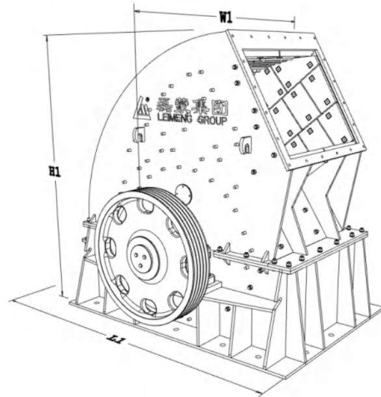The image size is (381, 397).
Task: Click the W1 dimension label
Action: point(226,18)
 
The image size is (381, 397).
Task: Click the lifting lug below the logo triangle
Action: point(138,135)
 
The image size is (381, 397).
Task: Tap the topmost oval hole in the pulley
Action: point(146,207)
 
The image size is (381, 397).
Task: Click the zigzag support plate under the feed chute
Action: point(319,201)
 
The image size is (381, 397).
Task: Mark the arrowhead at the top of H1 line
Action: point(48,38)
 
